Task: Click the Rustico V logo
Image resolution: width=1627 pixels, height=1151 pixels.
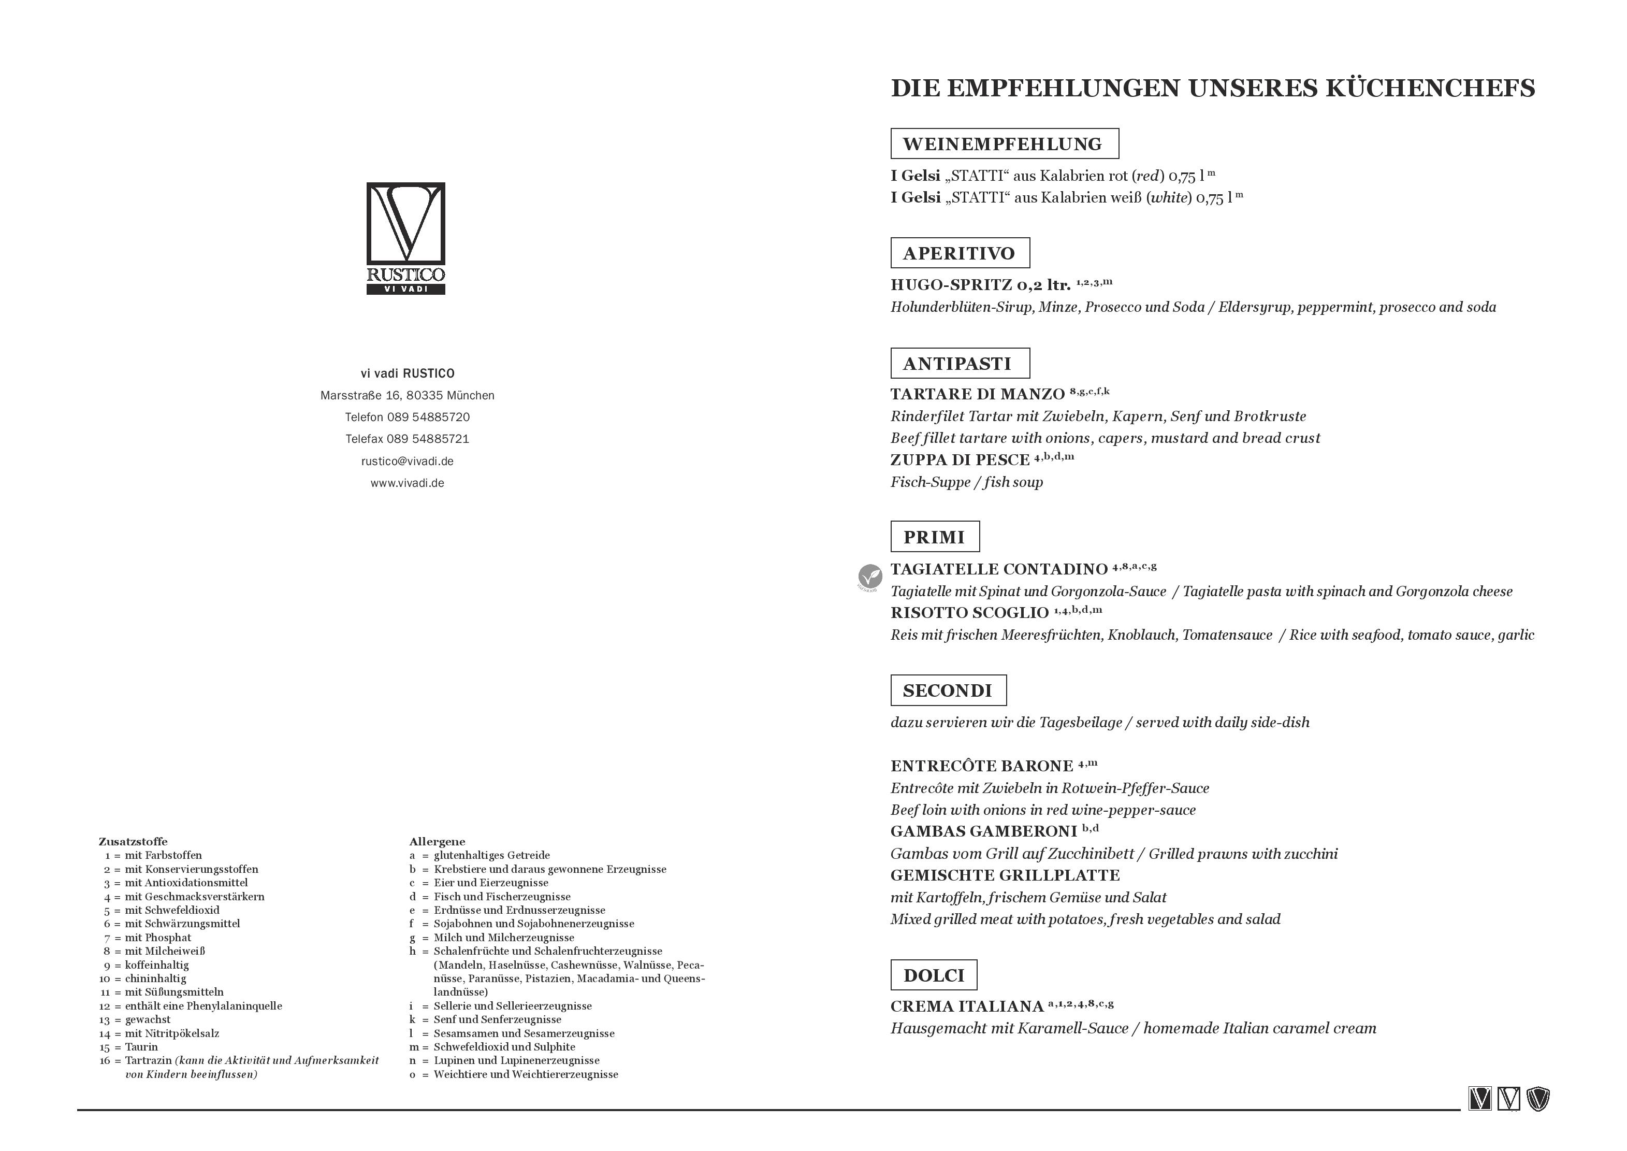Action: tap(405, 238)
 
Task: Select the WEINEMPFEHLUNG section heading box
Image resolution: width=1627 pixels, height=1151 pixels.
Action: tap(1004, 144)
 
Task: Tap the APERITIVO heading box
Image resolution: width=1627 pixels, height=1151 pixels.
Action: tap(960, 253)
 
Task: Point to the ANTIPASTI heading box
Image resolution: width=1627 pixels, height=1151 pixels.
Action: tap(960, 364)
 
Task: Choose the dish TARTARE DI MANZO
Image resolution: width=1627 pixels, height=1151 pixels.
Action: tap(977, 394)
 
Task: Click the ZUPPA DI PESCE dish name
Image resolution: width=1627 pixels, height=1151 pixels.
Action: tap(960, 460)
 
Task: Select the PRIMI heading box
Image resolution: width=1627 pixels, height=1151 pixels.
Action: tap(935, 537)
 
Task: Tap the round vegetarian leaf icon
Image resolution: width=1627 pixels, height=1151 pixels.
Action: tap(869, 575)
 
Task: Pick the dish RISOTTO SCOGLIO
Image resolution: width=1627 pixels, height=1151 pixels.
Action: tap(969, 613)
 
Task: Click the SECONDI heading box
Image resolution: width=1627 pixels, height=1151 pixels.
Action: tap(948, 690)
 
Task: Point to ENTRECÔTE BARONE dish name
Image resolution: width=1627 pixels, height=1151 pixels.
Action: tap(981, 766)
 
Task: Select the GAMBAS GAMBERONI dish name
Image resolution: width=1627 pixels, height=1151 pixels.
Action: tap(983, 831)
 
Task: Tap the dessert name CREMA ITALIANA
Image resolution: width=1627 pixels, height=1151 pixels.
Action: tap(967, 1006)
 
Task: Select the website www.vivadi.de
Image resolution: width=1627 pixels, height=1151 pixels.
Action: tap(407, 483)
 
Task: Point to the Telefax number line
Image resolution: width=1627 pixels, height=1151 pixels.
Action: tap(407, 439)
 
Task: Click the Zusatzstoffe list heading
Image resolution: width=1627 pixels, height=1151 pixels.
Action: tap(133, 842)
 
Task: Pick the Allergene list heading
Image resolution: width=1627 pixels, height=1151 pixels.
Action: tap(437, 842)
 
